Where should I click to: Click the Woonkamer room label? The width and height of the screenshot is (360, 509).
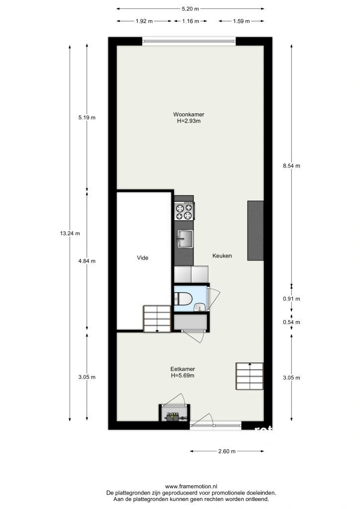(x=188, y=114)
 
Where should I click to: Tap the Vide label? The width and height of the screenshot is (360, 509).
(x=143, y=258)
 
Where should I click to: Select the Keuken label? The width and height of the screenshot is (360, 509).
(x=222, y=256)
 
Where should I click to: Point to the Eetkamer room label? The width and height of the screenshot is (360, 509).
(x=183, y=369)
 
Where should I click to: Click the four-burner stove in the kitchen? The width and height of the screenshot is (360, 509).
(x=184, y=211)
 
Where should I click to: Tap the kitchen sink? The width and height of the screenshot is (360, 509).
(x=184, y=239)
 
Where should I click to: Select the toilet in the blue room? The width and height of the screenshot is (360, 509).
(x=183, y=298)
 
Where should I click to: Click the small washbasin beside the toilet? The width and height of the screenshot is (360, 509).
(x=199, y=307)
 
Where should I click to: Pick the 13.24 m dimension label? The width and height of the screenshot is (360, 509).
(x=70, y=233)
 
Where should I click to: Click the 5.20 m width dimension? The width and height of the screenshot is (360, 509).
(x=190, y=9)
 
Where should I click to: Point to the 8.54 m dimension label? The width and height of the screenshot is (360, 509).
(x=291, y=166)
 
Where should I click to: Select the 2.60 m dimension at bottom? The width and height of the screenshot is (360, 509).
(x=227, y=451)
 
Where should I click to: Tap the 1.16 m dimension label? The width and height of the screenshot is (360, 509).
(x=190, y=21)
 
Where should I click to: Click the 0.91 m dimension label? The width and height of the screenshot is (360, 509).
(x=291, y=299)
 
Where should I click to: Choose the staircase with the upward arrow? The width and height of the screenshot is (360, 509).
(x=250, y=376)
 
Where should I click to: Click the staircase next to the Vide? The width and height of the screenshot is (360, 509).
(x=157, y=319)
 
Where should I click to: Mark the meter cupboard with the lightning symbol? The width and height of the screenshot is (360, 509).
(x=175, y=413)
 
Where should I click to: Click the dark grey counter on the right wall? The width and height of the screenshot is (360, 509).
(x=256, y=231)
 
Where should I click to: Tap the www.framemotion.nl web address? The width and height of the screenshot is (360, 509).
(x=191, y=486)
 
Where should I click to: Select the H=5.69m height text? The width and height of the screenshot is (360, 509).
(x=183, y=376)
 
